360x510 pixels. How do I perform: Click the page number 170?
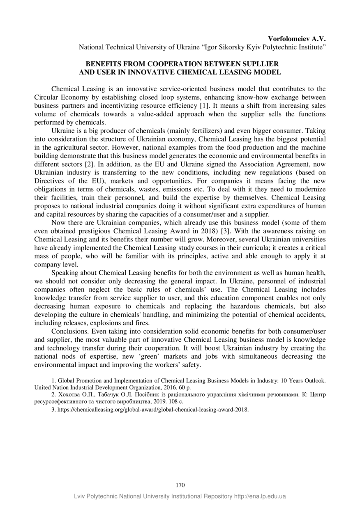point(180,485)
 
